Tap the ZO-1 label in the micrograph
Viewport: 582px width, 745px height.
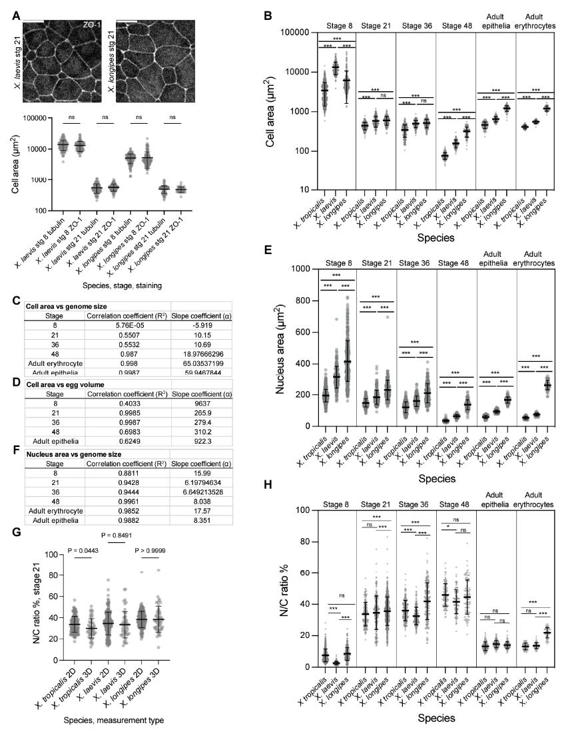coord(92,25)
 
